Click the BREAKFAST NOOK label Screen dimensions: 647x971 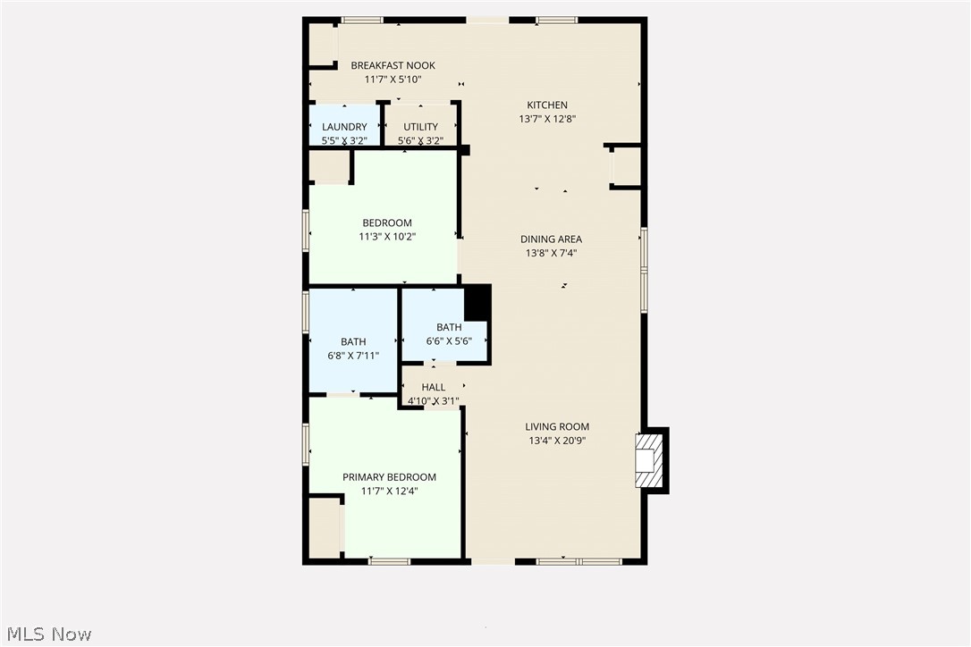pos(393,65)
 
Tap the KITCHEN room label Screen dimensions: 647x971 pos(546,105)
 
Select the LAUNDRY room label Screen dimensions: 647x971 pos(344,127)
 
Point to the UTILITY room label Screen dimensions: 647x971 pos(420,127)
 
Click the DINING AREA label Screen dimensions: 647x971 pos(551,239)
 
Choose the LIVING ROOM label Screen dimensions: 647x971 pos(557,426)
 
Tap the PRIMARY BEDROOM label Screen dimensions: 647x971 pos(389,477)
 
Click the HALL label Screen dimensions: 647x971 pos(434,387)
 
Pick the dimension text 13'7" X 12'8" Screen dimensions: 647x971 pos(546,119)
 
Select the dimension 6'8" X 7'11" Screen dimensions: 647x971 pos(353,356)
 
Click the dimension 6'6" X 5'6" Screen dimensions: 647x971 pos(449,341)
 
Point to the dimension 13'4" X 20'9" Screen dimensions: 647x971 pos(557,441)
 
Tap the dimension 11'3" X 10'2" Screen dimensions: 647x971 pos(387,237)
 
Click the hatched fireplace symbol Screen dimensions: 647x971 pos(649,459)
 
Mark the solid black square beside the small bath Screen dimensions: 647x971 pos(477,302)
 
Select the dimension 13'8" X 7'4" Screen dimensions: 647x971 pos(551,253)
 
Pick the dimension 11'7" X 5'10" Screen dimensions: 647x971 pos(393,80)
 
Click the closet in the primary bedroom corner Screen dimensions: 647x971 pos(325,527)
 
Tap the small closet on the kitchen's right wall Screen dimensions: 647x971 pos(625,166)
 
